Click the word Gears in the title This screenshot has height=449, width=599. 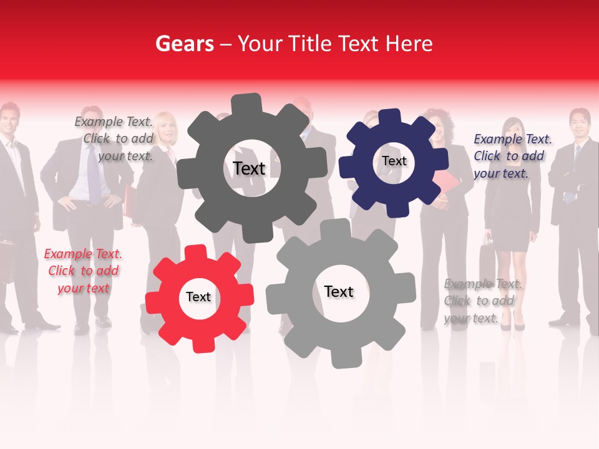coord(184,44)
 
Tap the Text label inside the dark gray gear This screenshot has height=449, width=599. coord(249,168)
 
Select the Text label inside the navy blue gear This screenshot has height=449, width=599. coord(394,161)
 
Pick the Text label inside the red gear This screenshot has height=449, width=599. coord(198,297)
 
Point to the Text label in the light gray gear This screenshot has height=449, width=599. coord(339,291)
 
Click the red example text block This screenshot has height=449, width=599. coord(83,271)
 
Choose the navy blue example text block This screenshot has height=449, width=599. coord(512,156)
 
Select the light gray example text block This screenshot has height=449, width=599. coord(482,301)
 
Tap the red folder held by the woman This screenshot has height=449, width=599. coord(446,186)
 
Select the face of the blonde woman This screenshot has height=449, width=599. coord(165,128)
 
